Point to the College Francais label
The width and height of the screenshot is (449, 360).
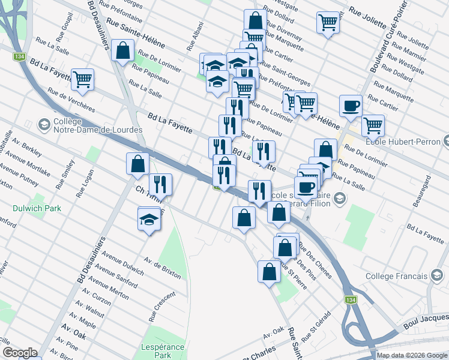(x=397, y=276)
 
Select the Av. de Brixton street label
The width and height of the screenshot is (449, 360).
(x=162, y=268)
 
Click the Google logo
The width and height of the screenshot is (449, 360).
(x=19, y=353)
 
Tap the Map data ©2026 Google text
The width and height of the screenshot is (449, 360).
(x=412, y=355)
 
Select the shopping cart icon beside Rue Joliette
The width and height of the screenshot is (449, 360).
(x=328, y=23)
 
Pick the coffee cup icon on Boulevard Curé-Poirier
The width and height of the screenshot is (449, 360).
(x=351, y=106)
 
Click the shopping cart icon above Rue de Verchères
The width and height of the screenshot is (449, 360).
(x=82, y=79)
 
